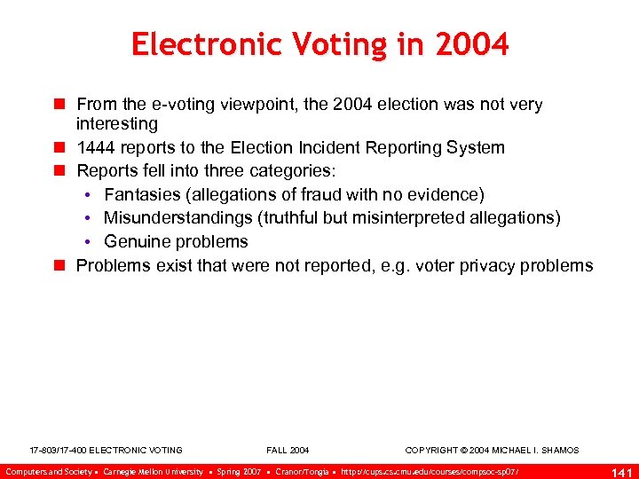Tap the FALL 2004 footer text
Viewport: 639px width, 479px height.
point(288,451)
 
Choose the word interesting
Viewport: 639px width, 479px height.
point(117,123)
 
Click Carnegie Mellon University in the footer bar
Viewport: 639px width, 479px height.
point(153,471)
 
